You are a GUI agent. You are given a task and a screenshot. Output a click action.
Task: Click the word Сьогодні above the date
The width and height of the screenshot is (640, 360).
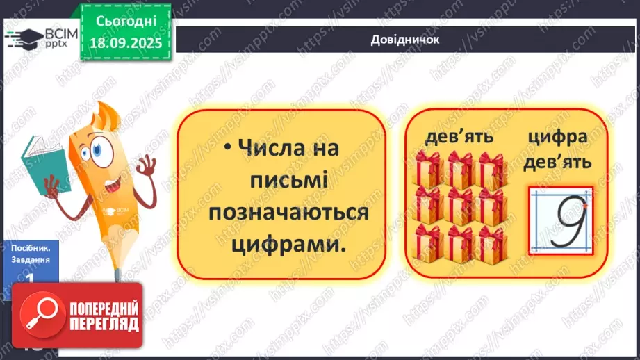tap(125, 22)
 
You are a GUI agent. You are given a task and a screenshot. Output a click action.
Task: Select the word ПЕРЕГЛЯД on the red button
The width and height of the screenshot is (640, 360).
tap(104, 325)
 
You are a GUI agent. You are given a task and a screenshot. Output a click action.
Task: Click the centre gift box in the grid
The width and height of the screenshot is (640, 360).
tap(460, 206)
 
